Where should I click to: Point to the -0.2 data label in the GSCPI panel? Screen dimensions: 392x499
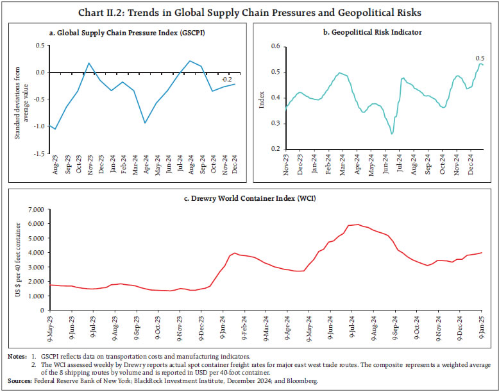226,80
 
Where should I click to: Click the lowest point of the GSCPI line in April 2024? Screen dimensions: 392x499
146,123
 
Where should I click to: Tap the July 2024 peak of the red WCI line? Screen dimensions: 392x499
357,225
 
